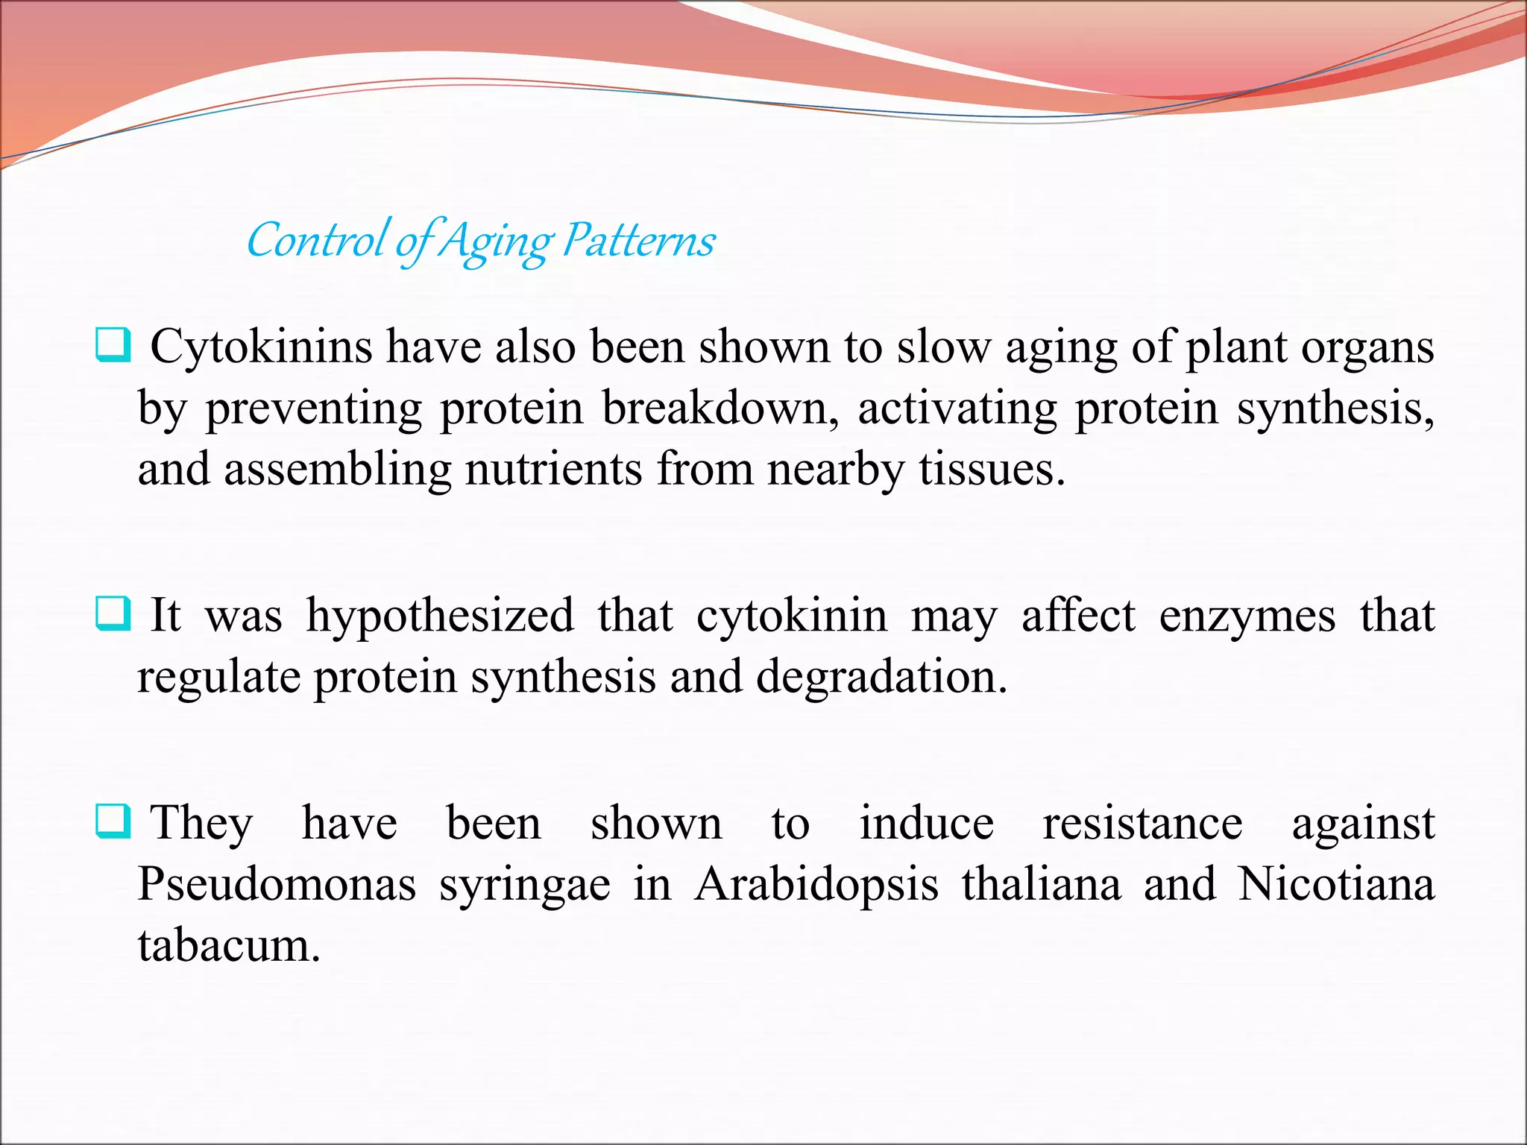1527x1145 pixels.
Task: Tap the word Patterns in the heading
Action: pyautogui.click(x=638, y=241)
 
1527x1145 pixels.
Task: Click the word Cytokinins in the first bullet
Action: pyautogui.click(x=261, y=347)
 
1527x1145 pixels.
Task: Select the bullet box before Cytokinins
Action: pyautogui.click(x=113, y=345)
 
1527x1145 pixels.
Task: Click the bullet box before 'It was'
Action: pyautogui.click(x=113, y=613)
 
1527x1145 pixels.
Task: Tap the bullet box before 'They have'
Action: pyautogui.click(x=113, y=821)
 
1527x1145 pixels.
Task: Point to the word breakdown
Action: pyautogui.click(x=720, y=409)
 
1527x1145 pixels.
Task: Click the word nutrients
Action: pyautogui.click(x=553, y=470)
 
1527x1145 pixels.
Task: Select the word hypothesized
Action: pyautogui.click(x=440, y=617)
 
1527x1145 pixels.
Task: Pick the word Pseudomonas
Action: pyautogui.click(x=277, y=884)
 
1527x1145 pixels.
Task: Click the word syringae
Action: pyautogui.click(x=524, y=886)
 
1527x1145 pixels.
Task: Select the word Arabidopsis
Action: pyautogui.click(x=816, y=886)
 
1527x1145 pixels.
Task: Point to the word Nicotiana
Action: pyautogui.click(x=1336, y=884)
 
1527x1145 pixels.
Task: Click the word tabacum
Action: pyautogui.click(x=228, y=945)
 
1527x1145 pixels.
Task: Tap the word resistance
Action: pyautogui.click(x=1142, y=824)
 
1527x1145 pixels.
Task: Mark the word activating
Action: pyautogui.click(x=957, y=409)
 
